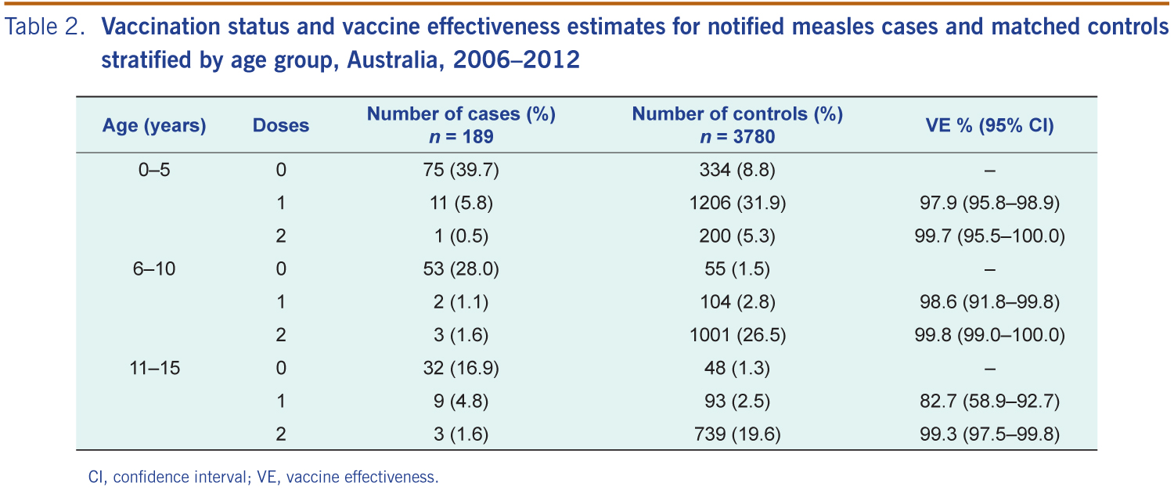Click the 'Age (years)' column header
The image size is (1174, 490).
tap(154, 126)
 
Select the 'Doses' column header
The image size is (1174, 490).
tap(281, 125)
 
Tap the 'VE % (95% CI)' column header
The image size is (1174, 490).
tap(989, 126)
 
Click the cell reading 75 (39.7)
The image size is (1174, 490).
tap(461, 170)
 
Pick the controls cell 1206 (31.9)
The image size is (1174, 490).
tap(737, 203)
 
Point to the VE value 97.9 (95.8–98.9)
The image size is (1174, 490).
tap(989, 203)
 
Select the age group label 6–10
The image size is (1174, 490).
tap(154, 268)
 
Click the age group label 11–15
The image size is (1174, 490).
tap(155, 368)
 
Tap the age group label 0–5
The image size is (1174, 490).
tap(154, 170)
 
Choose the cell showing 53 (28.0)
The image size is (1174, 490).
tap(461, 268)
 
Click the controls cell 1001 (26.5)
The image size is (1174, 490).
tap(737, 335)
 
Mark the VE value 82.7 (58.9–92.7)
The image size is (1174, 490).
tap(989, 401)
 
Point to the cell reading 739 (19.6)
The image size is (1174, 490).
tap(737, 434)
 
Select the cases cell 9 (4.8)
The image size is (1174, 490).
tap(461, 401)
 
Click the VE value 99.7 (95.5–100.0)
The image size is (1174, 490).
tap(989, 236)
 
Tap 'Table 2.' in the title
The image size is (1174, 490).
tap(45, 26)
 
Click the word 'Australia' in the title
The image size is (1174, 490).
tap(392, 59)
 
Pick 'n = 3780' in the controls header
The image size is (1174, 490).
tap(737, 137)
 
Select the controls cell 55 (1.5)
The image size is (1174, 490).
tap(737, 268)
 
